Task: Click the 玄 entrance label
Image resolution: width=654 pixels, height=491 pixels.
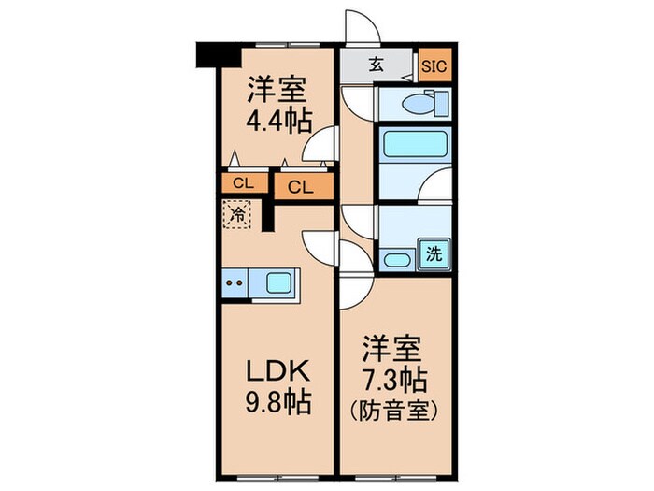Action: point(375,65)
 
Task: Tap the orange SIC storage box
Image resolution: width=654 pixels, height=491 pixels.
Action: point(434,65)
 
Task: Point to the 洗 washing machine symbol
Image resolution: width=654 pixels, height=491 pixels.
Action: point(434,252)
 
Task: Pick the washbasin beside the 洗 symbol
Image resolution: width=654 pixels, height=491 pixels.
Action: point(398,261)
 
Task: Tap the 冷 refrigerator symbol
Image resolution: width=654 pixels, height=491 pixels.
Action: point(238,214)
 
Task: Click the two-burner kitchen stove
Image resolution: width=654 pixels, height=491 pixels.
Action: point(235,283)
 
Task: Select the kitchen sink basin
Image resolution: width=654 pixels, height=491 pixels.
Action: point(279,283)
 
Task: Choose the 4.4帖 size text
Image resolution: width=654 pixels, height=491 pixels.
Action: point(277,121)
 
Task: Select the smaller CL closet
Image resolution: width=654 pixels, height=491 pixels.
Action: point(241,183)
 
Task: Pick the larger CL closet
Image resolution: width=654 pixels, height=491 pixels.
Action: point(301,186)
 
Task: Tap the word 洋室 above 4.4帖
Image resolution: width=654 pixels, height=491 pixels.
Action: point(277,92)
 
